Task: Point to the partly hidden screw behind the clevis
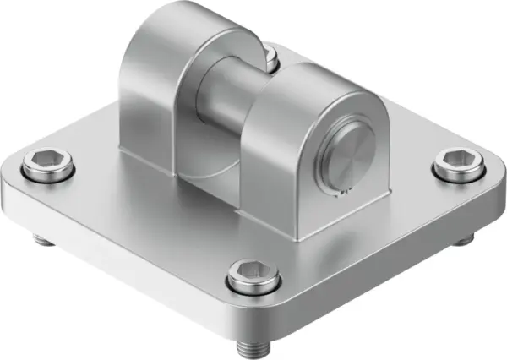[270, 57]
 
